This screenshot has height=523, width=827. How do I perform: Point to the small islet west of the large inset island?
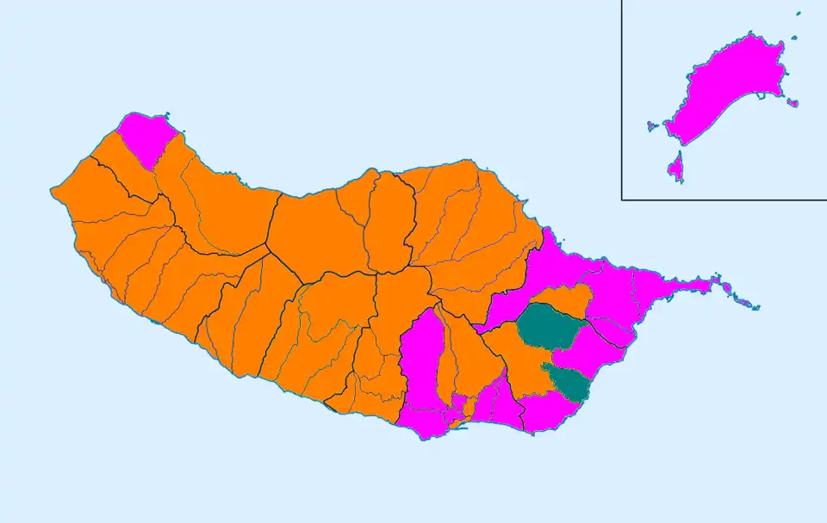click(651, 126)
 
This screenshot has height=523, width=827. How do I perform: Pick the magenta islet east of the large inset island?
click(793, 103)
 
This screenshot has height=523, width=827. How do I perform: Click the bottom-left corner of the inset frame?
click(622, 200)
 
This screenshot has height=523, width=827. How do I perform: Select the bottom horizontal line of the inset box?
click(724, 200)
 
